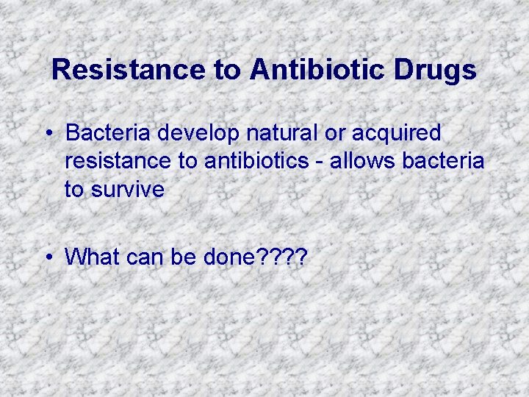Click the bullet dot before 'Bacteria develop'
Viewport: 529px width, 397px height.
pyautogui.click(x=46, y=134)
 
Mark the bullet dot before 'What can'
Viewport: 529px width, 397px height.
pyautogui.click(x=46, y=257)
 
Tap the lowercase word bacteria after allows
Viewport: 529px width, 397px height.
pyautogui.click(x=444, y=161)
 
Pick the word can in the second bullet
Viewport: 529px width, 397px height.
pyautogui.click(x=143, y=257)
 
